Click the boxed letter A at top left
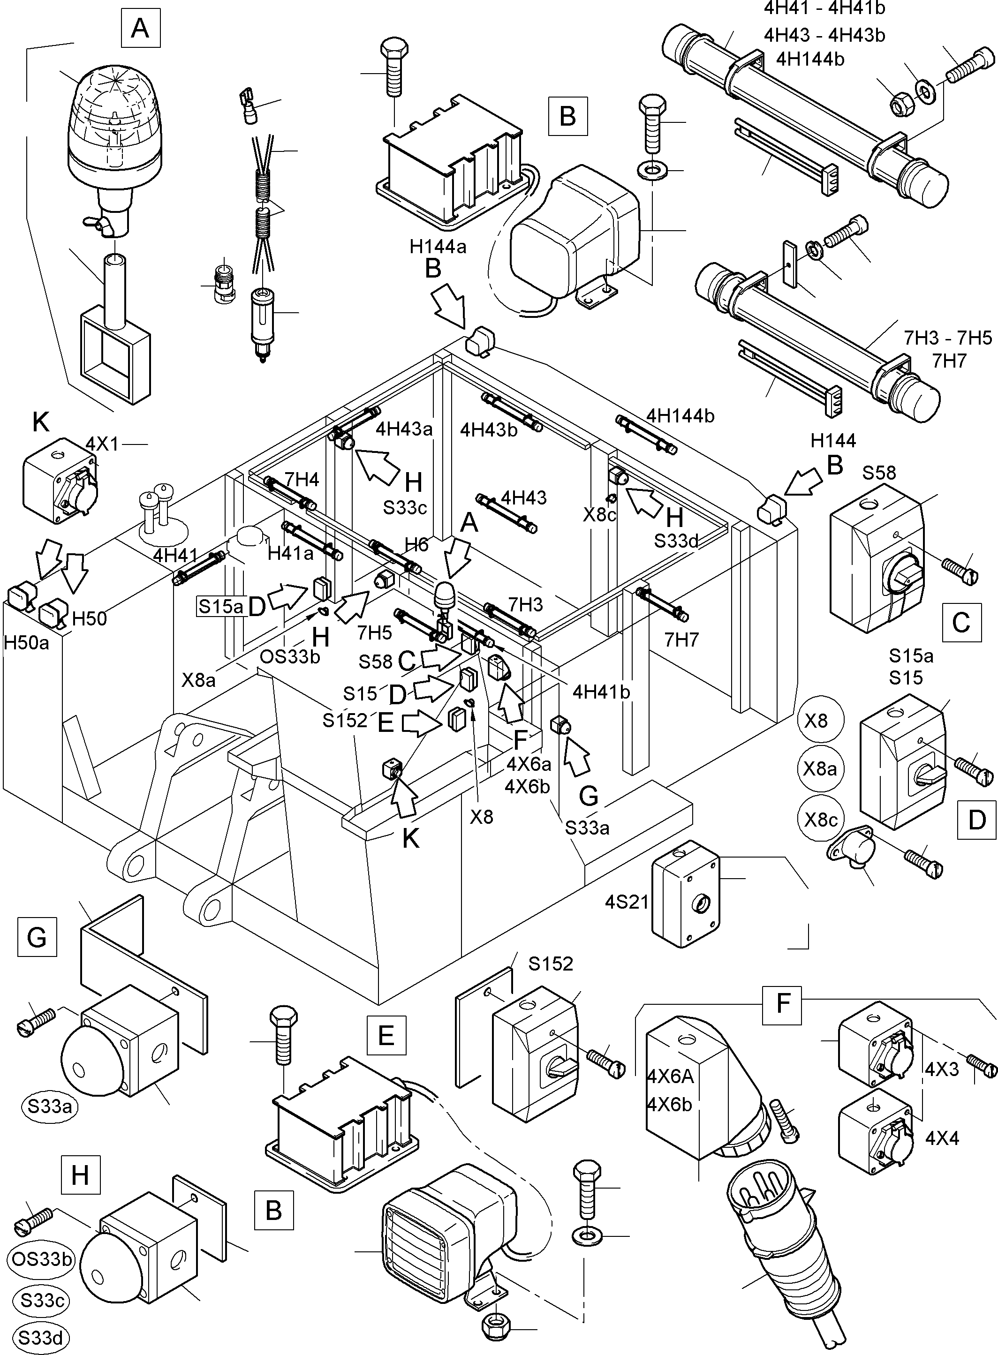click(140, 28)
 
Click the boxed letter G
click(37, 937)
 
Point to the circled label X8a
click(820, 768)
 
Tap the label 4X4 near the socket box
click(942, 1138)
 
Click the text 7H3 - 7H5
click(947, 338)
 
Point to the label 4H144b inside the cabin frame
click(680, 415)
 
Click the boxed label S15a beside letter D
click(220, 606)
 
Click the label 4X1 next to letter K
click(103, 444)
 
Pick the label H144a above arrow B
click(438, 246)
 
